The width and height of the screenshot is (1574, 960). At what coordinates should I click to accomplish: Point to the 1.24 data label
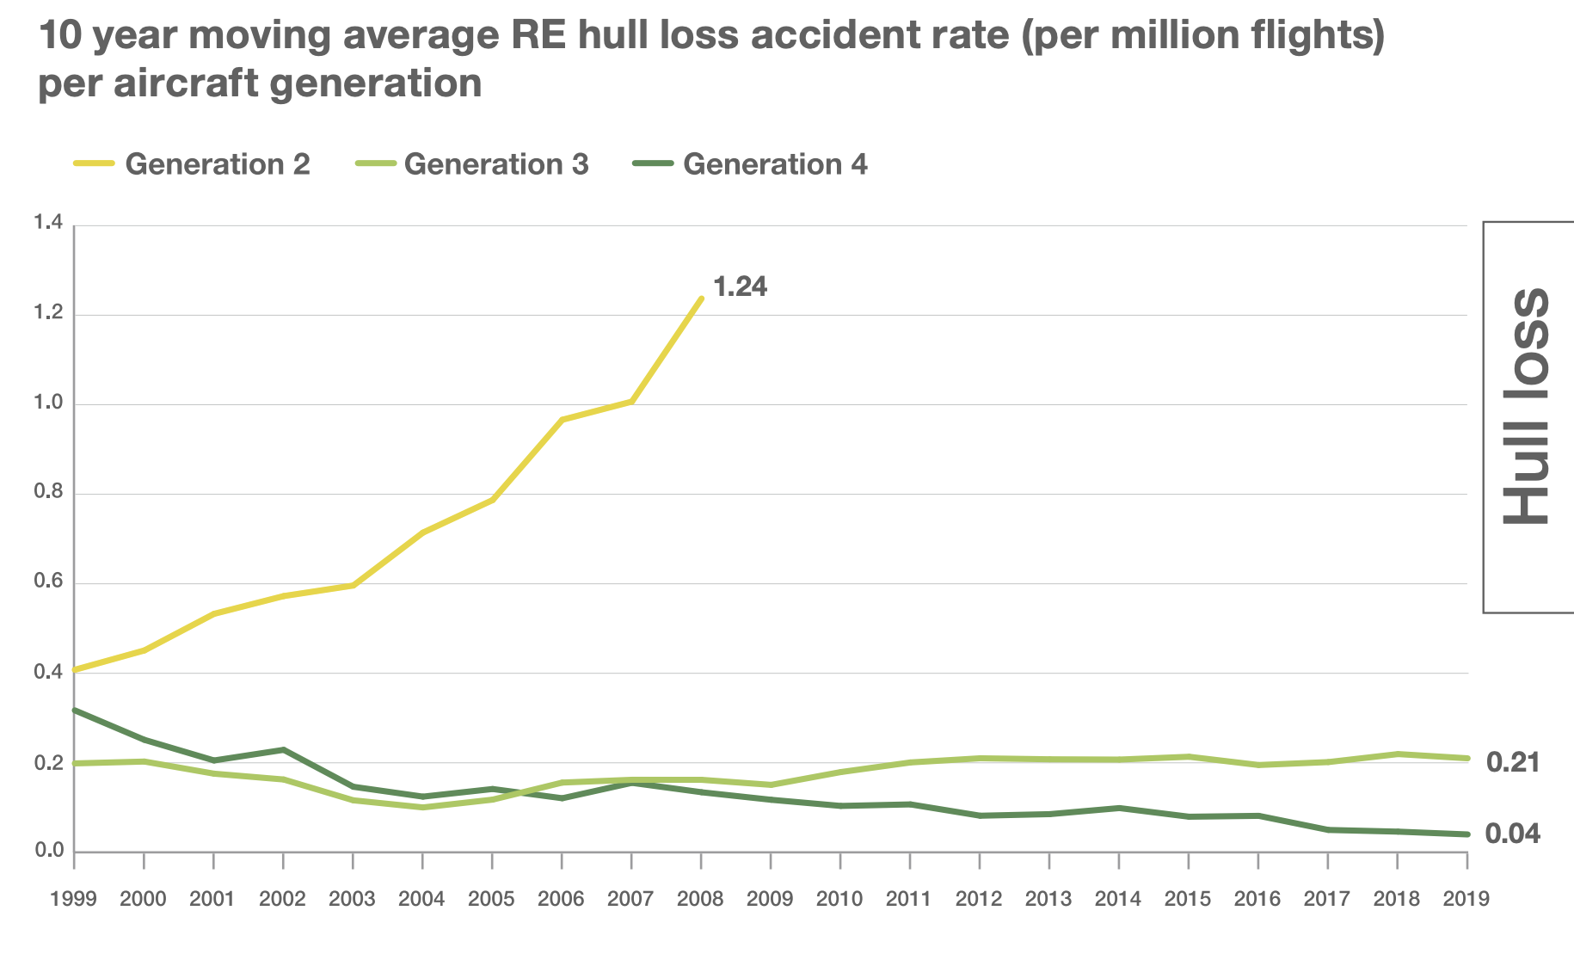pos(740,286)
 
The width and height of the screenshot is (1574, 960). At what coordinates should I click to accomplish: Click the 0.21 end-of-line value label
pos(1512,762)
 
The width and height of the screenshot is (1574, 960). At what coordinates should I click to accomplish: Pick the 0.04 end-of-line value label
pos(1512,834)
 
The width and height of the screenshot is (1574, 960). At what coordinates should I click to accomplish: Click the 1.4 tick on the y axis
pos(48,224)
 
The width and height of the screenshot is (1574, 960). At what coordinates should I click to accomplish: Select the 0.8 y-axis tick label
pos(48,493)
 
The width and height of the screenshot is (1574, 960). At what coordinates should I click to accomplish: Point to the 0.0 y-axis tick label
pos(48,851)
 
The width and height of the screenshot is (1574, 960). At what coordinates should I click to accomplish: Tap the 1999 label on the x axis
pos(73,899)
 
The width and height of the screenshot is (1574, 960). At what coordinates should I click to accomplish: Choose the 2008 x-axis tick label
pos(700,899)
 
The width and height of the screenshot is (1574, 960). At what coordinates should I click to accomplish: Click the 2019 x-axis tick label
pos(1466,899)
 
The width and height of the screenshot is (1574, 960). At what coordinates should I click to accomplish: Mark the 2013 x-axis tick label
pos(1048,899)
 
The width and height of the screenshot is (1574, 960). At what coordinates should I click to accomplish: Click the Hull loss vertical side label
pos(1528,406)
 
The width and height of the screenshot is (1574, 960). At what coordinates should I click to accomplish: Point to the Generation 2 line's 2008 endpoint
pos(702,298)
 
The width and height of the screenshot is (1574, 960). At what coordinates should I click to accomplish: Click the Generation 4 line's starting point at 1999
pos(75,711)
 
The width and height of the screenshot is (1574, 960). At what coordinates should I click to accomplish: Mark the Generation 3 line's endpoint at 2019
pos(1466,758)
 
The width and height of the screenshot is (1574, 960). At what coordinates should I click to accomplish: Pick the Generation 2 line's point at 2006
pos(562,420)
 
